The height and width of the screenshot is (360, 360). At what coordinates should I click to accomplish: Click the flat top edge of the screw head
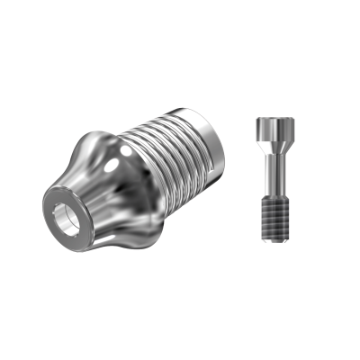pos(270,119)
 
